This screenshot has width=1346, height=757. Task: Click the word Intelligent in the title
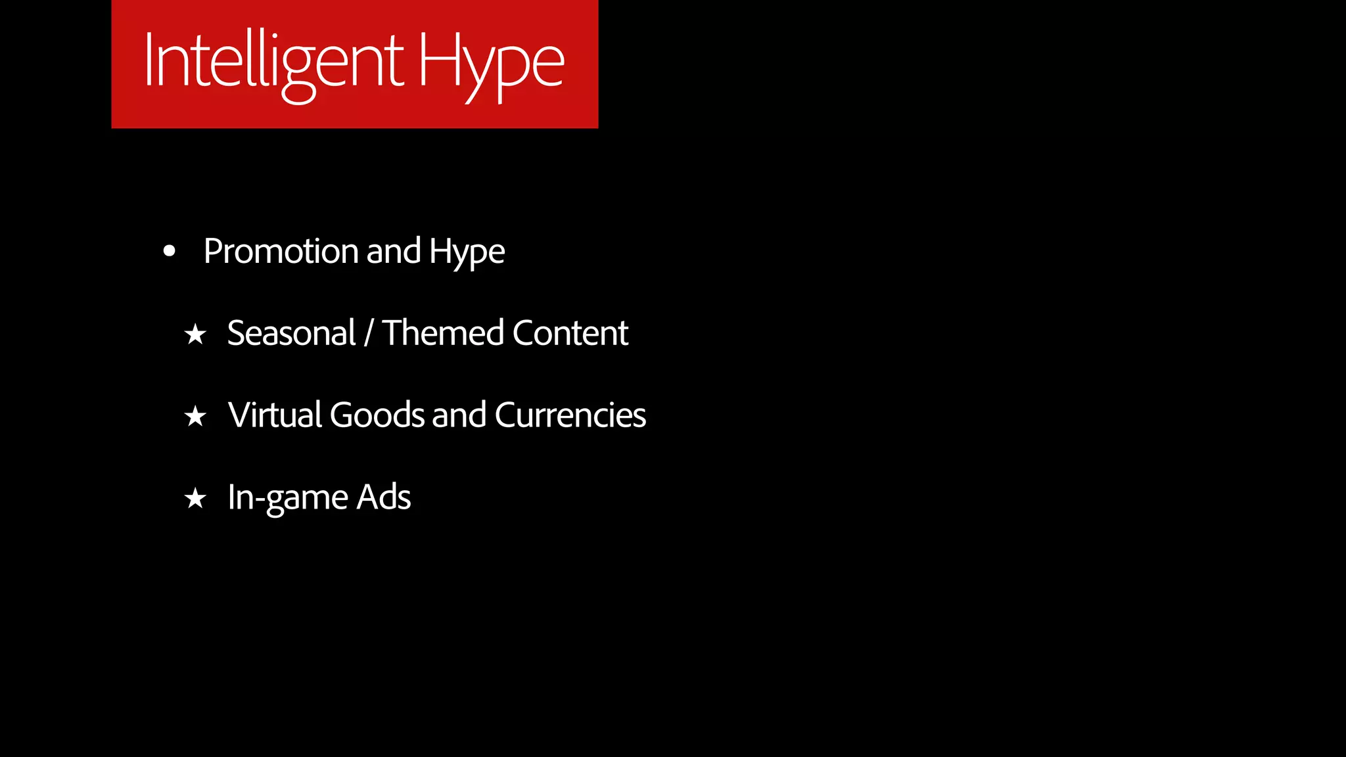(x=273, y=62)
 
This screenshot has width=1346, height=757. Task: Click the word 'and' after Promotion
(x=393, y=251)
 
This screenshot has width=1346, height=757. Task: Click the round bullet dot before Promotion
(x=170, y=251)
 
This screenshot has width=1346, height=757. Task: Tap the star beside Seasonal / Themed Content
(x=195, y=334)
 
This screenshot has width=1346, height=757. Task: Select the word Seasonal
(x=291, y=333)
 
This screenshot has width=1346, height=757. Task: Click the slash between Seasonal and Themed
(x=369, y=333)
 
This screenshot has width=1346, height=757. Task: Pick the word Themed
(x=442, y=333)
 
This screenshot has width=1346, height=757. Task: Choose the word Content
(x=570, y=333)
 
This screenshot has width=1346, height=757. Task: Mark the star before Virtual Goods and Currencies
(x=195, y=416)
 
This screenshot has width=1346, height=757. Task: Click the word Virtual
(x=274, y=415)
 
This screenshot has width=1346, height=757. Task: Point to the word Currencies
(x=570, y=415)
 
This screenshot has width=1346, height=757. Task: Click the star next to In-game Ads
(x=195, y=498)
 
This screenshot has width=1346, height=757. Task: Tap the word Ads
(x=384, y=497)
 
